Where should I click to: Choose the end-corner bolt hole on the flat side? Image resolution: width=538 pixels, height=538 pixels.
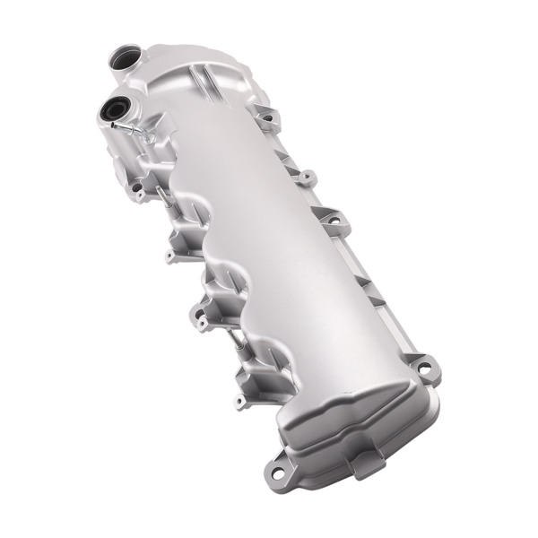[426, 366]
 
